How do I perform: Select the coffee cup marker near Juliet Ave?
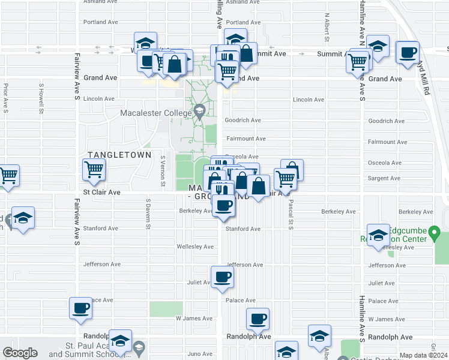pyautogui.click(x=222, y=278)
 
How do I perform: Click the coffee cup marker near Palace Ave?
pyautogui.click(x=81, y=309)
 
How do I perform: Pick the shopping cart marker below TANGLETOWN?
pyautogui.click(x=94, y=170)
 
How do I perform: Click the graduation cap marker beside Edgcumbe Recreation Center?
pyautogui.click(x=378, y=236)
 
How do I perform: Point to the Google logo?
pyautogui.click(x=20, y=353)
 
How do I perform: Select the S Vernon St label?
pyautogui.click(x=163, y=171)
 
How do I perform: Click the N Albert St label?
pyautogui.click(x=327, y=27)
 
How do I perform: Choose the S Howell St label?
pyautogui.click(x=41, y=98)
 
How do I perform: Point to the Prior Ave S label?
pyautogui.click(x=5, y=98)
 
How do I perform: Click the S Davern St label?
pyautogui.click(x=148, y=214)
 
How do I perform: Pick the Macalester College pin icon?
pyautogui.click(x=199, y=111)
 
